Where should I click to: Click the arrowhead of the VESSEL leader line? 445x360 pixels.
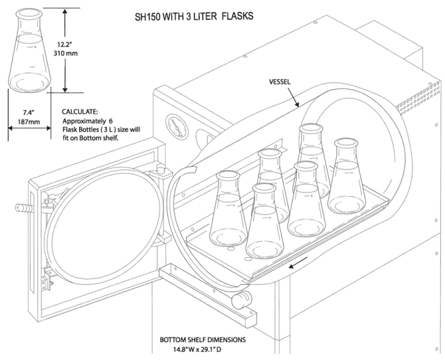point(298,105)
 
